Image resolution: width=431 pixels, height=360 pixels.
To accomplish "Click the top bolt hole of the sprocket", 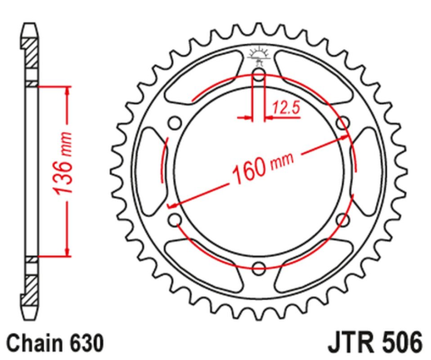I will [x=260, y=76].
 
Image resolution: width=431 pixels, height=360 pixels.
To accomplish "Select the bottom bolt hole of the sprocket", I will [x=260, y=268].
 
